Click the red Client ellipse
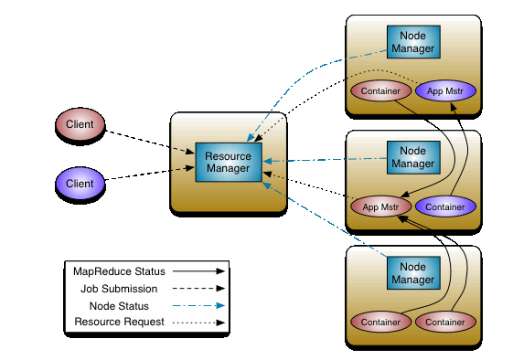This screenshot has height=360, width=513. coord(80,123)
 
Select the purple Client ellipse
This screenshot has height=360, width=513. coord(80,183)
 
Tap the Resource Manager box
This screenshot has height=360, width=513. coord(228,163)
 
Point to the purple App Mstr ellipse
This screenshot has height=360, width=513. coord(444,91)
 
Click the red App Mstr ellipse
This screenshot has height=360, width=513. coord(380,207)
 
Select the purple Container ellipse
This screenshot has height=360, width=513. coord(445,207)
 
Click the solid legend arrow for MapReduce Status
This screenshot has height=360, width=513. coord(199,271)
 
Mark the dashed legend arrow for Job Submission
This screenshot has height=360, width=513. coord(199,289)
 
